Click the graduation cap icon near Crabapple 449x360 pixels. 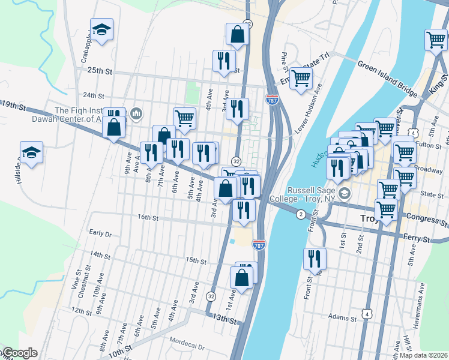click(x=102, y=29)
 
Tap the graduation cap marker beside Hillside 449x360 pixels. click(x=31, y=153)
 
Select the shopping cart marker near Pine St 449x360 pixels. click(x=301, y=77)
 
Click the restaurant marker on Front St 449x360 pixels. click(x=315, y=259)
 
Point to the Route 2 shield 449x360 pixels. click(x=300, y=214)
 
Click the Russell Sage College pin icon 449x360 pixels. click(x=345, y=193)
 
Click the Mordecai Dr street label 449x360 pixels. click(x=187, y=347)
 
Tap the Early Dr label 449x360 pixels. click(x=100, y=233)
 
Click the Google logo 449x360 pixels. click(x=19, y=353)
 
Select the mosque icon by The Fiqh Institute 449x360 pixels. click(x=136, y=113)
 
